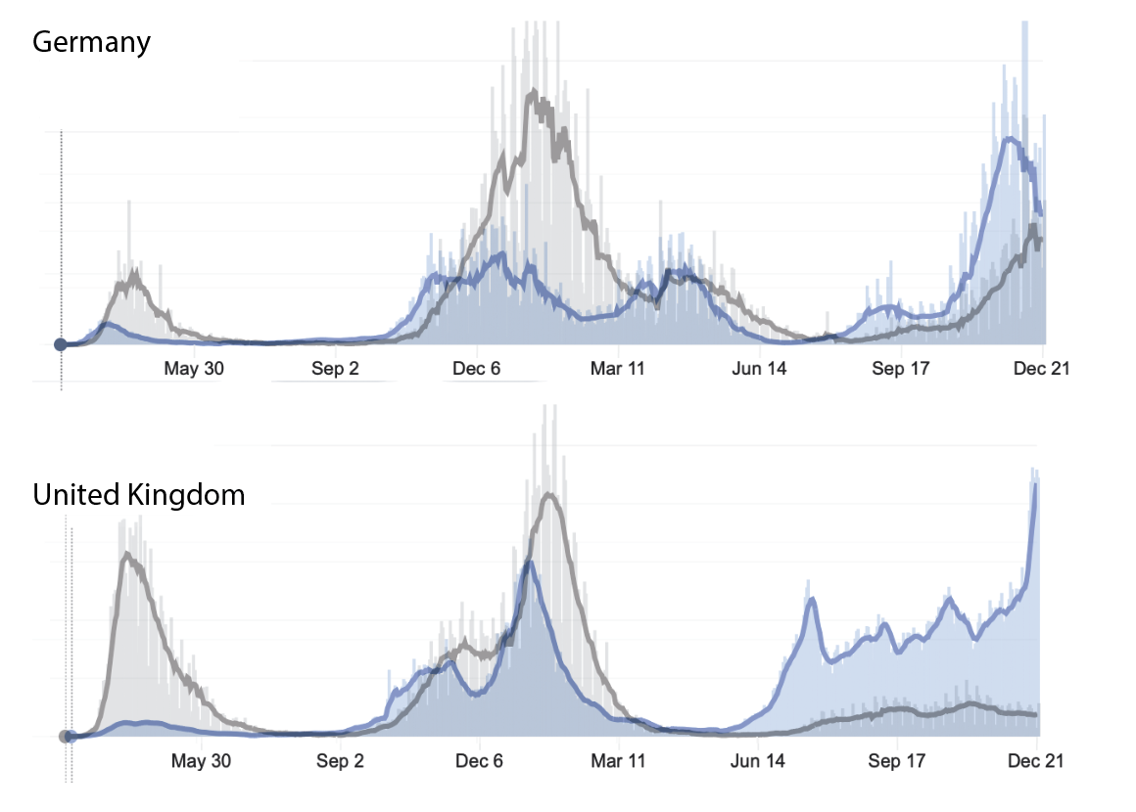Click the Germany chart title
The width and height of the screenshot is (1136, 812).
(x=92, y=43)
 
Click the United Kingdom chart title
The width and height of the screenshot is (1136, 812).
(x=139, y=495)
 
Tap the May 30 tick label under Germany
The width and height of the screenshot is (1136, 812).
(x=193, y=369)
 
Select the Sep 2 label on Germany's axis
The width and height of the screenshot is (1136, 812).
(x=335, y=369)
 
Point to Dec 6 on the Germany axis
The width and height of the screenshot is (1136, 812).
(x=476, y=369)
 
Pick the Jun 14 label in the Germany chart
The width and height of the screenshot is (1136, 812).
(x=759, y=369)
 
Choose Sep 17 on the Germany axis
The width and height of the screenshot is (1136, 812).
(x=901, y=369)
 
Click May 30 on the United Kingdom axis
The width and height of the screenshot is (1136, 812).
(x=201, y=761)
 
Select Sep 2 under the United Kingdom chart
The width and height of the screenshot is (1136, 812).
(x=340, y=761)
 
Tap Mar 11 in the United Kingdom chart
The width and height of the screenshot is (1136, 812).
(x=620, y=761)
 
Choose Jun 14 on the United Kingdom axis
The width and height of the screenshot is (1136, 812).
(x=759, y=761)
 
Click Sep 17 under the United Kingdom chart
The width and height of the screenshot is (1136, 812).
(x=898, y=761)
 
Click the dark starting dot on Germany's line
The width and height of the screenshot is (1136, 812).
(x=61, y=344)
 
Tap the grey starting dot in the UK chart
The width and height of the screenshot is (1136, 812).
(x=65, y=737)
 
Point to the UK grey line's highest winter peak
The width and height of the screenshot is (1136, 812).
(x=550, y=495)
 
